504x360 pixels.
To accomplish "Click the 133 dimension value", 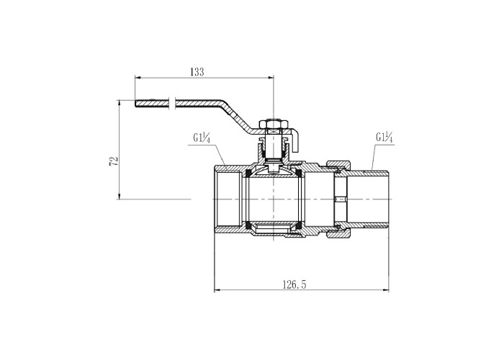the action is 197,72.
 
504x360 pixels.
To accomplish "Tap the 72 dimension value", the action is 114,161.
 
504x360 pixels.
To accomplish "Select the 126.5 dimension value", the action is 294,284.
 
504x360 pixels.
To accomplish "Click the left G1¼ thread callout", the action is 202,138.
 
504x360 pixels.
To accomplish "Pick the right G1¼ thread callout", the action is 384,138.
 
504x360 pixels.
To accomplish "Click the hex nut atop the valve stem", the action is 273,124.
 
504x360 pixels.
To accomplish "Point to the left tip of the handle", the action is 135,104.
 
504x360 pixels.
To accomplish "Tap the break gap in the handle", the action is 172,103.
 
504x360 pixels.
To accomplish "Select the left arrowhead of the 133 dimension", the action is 138,78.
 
